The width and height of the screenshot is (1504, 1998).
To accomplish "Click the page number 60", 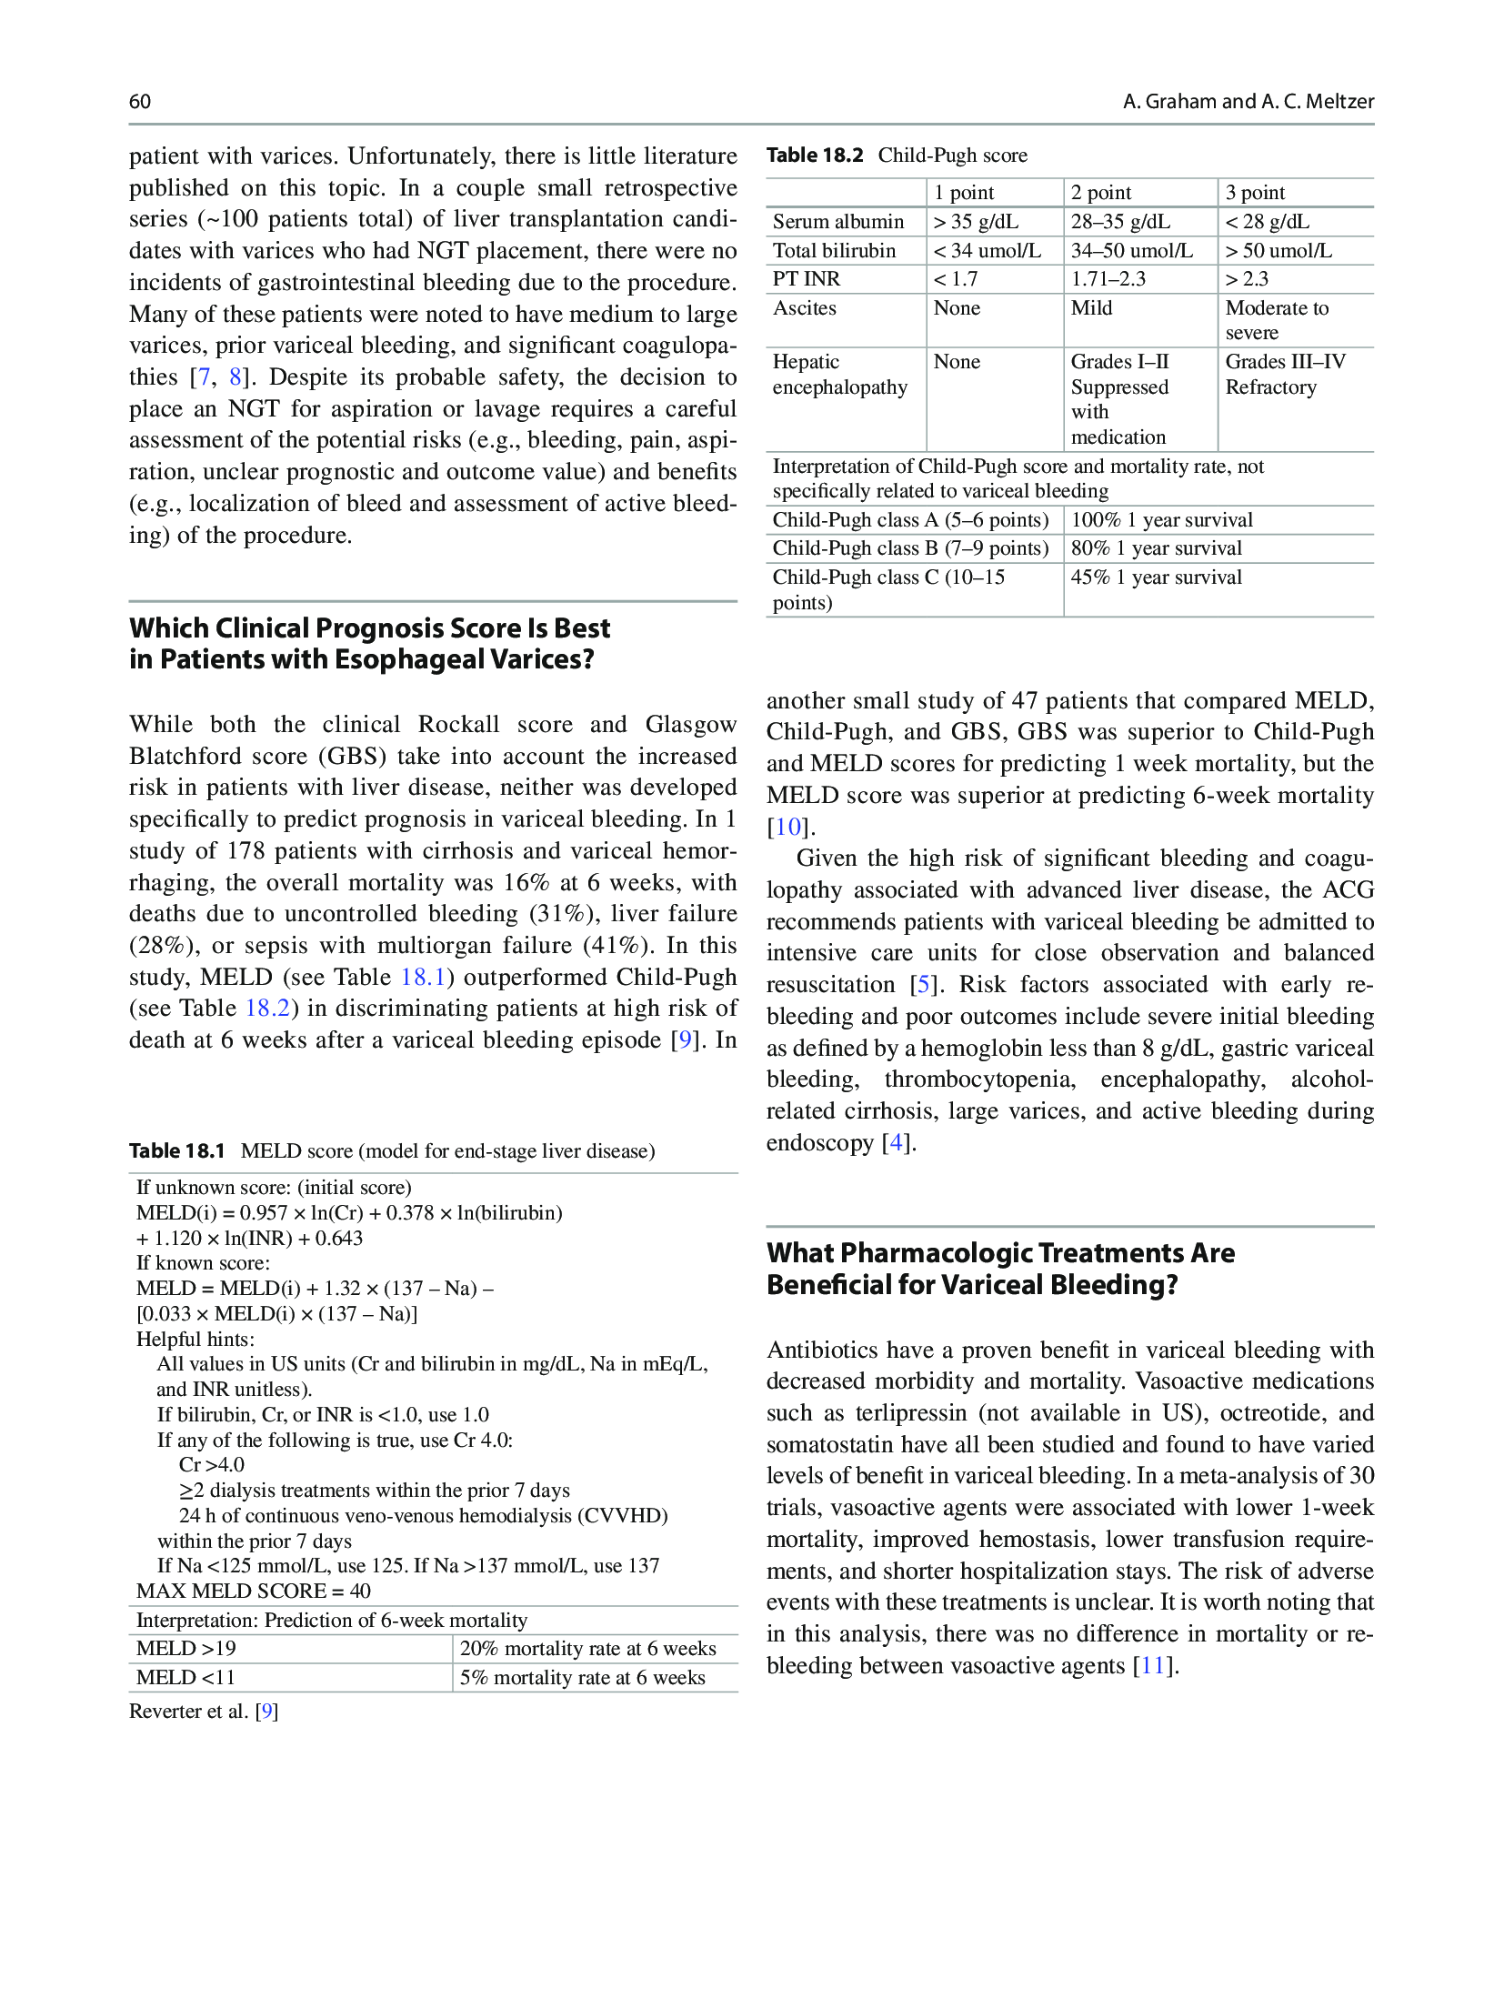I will pos(140,101).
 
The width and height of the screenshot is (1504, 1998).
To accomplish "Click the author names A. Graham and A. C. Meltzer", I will pos(1248,101).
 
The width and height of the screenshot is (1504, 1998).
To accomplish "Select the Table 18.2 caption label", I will pos(814,156).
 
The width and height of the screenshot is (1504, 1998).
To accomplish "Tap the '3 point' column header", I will pos(1255,193).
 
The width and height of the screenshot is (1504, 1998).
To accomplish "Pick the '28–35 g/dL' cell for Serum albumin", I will pos(1120,222).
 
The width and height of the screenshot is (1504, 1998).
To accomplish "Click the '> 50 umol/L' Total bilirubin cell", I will pos(1278,251).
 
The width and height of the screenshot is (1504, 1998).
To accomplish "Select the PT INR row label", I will pos(807,279).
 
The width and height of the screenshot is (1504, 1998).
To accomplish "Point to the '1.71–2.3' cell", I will pos(1108,279).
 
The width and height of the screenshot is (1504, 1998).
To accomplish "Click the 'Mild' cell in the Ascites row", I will pos(1091,308).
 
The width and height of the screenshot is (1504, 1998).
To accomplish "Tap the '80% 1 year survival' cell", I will pos(1156,548).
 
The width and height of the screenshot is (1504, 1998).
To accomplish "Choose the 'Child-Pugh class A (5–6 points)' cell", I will pos(910,520).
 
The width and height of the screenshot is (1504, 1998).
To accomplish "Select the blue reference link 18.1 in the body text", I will pos(423,977).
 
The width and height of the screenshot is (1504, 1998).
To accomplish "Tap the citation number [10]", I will pos(787,827).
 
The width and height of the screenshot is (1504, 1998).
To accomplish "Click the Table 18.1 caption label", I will pos(176,1151).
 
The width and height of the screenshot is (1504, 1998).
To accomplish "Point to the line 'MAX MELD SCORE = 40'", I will pos(253,1591).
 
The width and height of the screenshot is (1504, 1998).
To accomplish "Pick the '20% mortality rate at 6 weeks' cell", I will pos(587,1649).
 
